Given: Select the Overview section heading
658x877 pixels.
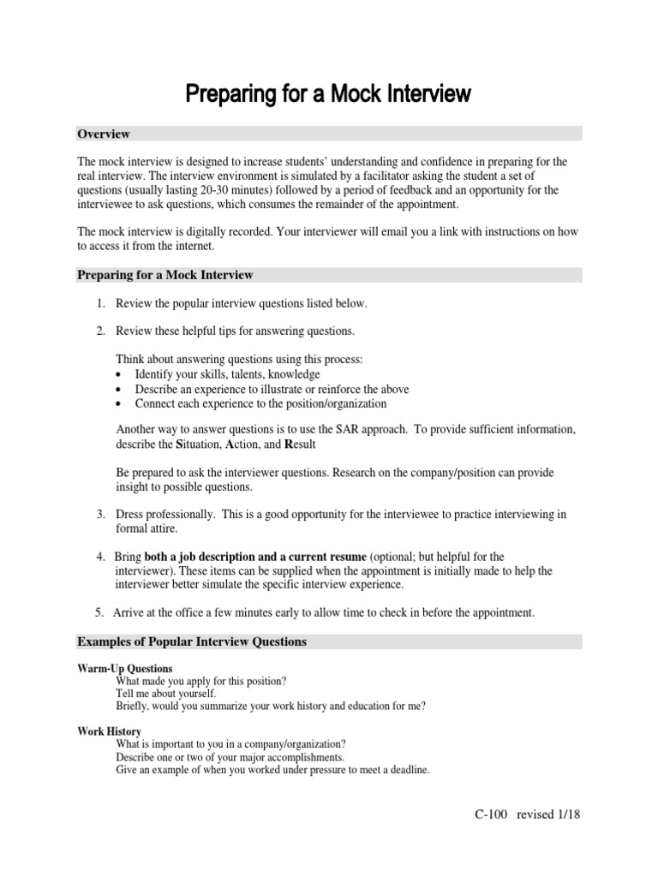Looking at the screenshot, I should coord(104,134).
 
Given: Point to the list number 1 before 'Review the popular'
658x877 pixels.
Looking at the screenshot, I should coord(99,304).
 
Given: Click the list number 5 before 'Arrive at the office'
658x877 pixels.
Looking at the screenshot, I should coord(99,612).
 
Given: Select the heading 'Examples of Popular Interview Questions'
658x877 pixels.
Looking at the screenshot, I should coord(192,641).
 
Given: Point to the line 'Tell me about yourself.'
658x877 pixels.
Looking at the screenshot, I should coord(166,694).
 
